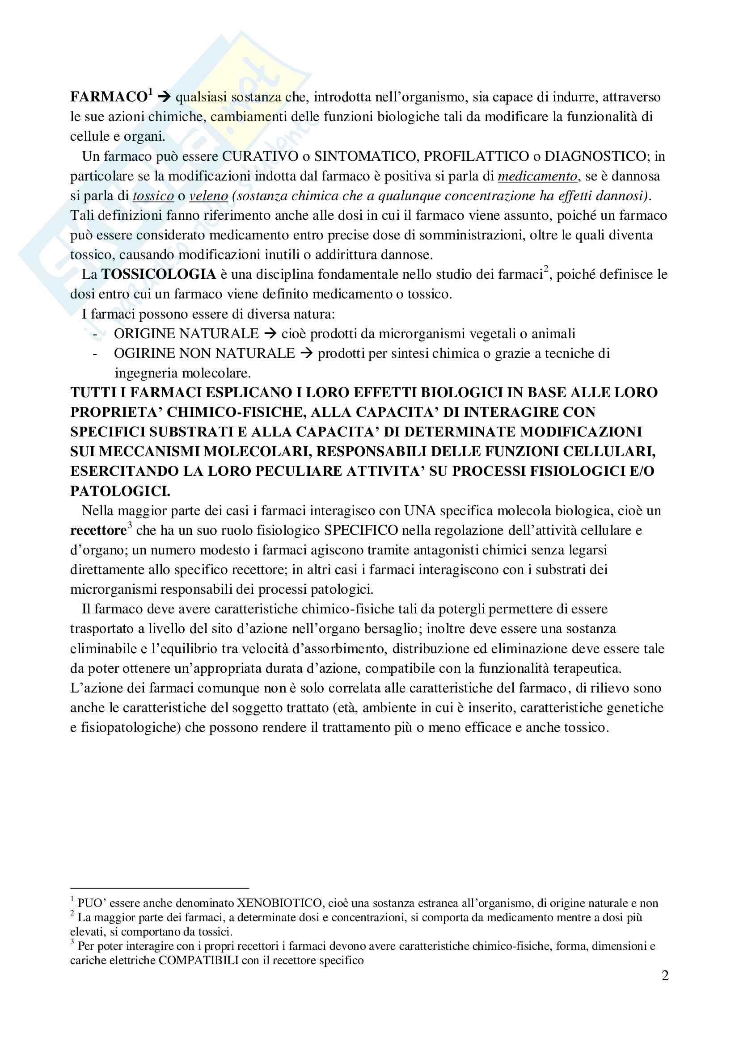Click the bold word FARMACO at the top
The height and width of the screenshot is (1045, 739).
[x=108, y=97]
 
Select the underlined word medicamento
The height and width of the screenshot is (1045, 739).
[x=537, y=176]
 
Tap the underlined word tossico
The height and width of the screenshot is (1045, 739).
[x=153, y=196]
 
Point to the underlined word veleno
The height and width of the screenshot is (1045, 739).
[x=208, y=196]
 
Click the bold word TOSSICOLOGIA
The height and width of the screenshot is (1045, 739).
[x=158, y=274]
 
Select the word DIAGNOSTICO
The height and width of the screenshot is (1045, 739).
[x=595, y=156]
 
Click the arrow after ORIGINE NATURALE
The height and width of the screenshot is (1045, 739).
[x=270, y=334]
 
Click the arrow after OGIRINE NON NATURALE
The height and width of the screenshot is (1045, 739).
[x=306, y=353]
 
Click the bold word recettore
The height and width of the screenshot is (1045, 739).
[x=98, y=531]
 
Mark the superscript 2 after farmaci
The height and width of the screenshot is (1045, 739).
[x=546, y=269]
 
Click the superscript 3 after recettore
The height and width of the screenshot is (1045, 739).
[x=130, y=526]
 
